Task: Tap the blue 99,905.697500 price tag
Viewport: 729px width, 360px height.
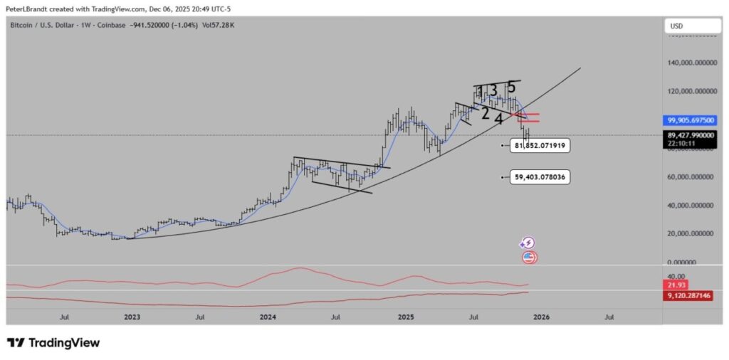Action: pos(691,121)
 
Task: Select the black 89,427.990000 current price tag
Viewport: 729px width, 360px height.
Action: pos(691,135)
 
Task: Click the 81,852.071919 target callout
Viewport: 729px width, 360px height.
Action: pos(540,146)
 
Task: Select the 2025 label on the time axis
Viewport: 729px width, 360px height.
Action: pos(406,317)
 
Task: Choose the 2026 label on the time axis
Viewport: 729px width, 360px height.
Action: pos(542,317)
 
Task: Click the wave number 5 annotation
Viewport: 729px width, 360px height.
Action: pos(511,87)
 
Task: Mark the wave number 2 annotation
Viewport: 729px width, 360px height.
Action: pos(485,113)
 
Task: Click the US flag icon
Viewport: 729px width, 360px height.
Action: pos(529,258)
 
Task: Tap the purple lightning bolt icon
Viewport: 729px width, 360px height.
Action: pos(528,243)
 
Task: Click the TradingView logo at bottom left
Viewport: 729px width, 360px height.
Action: pos(53,343)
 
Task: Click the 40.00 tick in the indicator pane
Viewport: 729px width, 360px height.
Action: pos(676,276)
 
